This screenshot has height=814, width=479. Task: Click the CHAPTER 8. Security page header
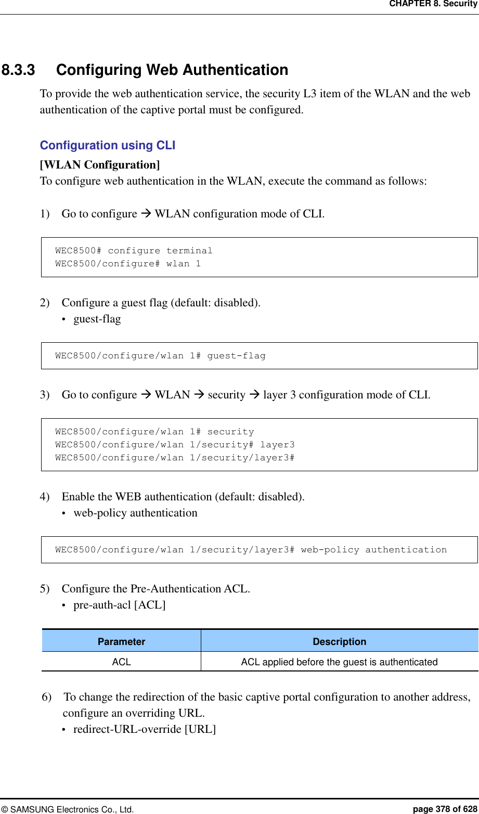[x=433, y=4]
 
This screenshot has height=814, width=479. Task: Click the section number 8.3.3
[x=18, y=70]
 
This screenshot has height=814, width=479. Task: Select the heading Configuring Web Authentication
[x=172, y=70]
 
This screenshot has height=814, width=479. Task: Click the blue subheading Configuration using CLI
[x=108, y=146]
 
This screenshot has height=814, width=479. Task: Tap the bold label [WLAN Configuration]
[x=100, y=165]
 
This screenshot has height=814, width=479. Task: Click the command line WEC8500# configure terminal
[x=134, y=251]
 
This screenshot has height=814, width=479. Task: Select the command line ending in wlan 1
[x=128, y=264]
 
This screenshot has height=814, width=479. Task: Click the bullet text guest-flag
[x=97, y=319]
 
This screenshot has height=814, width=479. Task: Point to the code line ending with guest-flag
[x=160, y=356]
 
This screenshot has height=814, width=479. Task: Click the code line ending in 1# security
[x=154, y=432]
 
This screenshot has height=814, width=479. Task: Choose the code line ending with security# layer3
[x=175, y=445]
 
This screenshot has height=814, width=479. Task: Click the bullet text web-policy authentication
[x=135, y=513]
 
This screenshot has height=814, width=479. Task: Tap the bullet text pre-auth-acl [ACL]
[x=120, y=605]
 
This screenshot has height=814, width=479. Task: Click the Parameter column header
[x=121, y=642]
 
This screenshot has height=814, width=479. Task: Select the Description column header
[x=339, y=642]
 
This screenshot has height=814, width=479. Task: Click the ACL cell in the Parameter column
[x=121, y=662]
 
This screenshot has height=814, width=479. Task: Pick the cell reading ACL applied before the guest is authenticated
[x=339, y=662]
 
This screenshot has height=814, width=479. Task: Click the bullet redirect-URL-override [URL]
[x=145, y=729]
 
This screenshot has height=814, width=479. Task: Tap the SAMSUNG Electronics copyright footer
[x=67, y=809]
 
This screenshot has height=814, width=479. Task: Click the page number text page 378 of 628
[x=445, y=809]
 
